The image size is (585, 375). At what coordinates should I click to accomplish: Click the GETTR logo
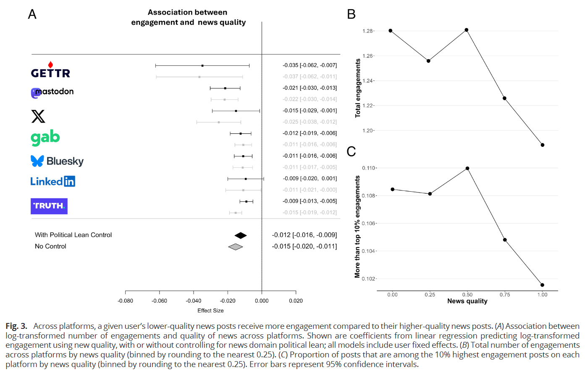click(50, 71)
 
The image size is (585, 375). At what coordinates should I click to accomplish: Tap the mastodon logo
click(52, 92)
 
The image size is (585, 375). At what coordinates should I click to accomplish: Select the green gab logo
click(45, 138)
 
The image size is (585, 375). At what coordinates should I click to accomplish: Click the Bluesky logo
click(57, 161)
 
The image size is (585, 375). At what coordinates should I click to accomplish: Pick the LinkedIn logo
click(52, 181)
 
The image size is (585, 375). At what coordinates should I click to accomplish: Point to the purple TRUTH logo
click(49, 206)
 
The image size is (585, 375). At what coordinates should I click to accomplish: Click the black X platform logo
click(38, 116)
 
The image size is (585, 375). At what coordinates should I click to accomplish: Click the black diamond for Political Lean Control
click(241, 235)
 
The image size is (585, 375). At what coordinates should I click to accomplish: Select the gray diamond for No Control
click(236, 247)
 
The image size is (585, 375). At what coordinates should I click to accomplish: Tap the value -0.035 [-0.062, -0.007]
click(310, 65)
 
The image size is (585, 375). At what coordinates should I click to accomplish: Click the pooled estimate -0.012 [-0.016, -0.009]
click(304, 235)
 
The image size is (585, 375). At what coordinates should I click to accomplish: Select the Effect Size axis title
click(210, 311)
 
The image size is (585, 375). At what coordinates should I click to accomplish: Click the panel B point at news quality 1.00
click(543, 145)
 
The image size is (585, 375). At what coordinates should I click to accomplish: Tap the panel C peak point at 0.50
click(467, 168)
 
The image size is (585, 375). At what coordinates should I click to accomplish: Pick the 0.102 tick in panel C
click(369, 279)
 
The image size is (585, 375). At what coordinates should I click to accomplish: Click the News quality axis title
click(467, 301)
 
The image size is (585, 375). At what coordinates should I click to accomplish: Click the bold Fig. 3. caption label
click(16, 326)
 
